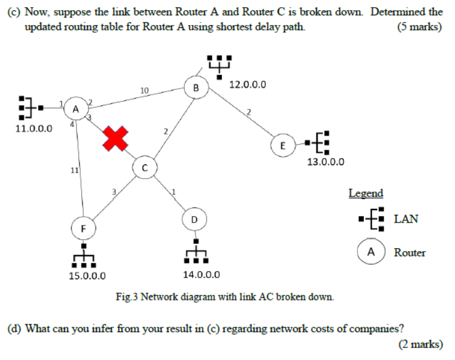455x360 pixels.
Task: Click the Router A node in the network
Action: click(75, 109)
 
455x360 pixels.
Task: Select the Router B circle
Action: click(195, 88)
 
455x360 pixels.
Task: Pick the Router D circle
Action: click(194, 220)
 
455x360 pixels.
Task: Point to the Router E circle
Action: click(283, 145)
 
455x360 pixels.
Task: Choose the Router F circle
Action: click(83, 228)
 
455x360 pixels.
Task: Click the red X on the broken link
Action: click(115, 138)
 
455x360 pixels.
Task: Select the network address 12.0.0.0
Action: click(247, 84)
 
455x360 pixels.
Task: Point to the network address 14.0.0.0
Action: click(201, 275)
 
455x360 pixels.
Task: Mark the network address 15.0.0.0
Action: click(87, 276)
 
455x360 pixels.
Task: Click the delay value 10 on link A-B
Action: click(145, 90)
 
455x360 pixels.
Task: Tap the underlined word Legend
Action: click(366, 193)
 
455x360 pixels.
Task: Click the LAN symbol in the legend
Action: click(372, 219)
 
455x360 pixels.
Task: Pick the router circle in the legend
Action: click(371, 252)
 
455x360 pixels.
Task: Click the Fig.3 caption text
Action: click(225, 297)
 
